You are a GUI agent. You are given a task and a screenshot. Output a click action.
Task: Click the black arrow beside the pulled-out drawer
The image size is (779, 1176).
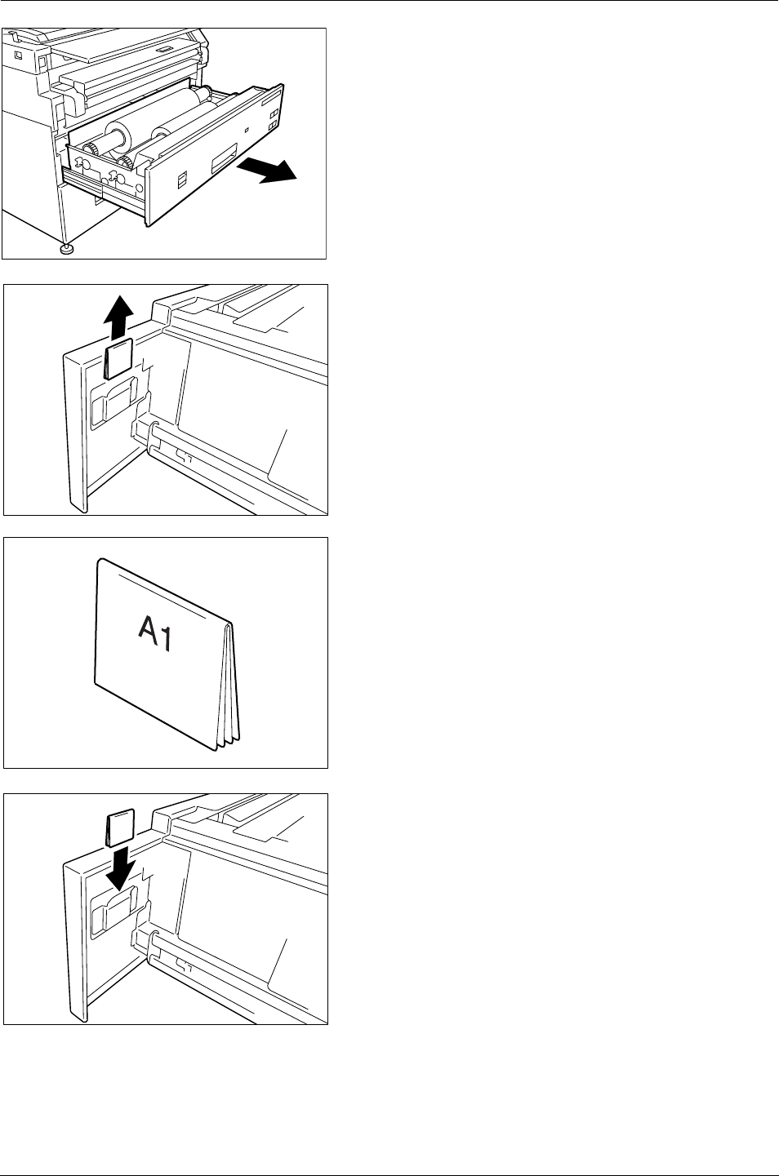pyautogui.click(x=267, y=171)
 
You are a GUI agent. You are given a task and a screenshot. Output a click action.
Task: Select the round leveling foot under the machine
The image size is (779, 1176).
pyautogui.click(x=66, y=249)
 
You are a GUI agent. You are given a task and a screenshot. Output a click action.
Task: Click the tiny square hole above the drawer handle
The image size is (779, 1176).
pyautogui.click(x=247, y=129)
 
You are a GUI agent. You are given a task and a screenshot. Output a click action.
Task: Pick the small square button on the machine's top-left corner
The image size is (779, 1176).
pyautogui.click(x=19, y=55)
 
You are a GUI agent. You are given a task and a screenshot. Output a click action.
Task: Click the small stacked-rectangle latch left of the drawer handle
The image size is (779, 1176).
pyautogui.click(x=182, y=179)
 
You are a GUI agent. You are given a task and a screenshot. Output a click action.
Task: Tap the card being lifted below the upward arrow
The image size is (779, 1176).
pyautogui.click(x=119, y=358)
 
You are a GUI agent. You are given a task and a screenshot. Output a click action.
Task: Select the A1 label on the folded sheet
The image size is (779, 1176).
pyautogui.click(x=155, y=633)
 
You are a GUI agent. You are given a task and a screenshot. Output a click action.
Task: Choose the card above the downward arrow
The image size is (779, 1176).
pyautogui.click(x=120, y=828)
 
